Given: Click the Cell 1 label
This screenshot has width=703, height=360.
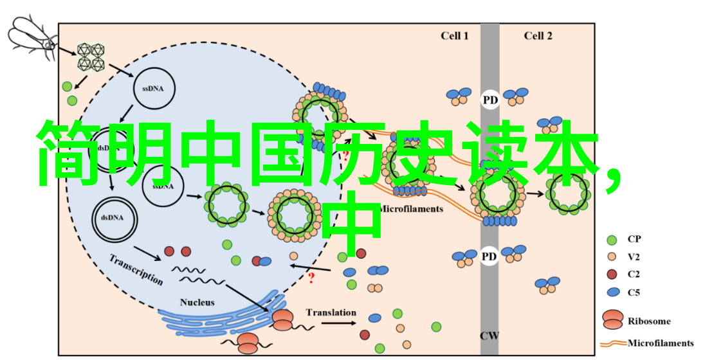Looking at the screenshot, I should (455, 36).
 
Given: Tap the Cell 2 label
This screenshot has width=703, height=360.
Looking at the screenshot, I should (538, 36).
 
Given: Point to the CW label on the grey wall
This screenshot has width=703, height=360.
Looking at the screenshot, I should (489, 335).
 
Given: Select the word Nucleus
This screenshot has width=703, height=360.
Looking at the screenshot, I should (197, 302).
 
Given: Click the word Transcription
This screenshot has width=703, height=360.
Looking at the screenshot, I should (136, 269).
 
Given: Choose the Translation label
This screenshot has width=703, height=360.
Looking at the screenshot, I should (331, 312).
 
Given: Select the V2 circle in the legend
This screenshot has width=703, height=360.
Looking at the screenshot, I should (612, 257).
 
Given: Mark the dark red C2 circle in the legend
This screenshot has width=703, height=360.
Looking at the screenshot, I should (612, 274).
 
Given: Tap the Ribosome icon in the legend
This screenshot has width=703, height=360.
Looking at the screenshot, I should (612, 319).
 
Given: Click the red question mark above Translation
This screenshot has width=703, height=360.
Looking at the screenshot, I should (312, 278).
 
